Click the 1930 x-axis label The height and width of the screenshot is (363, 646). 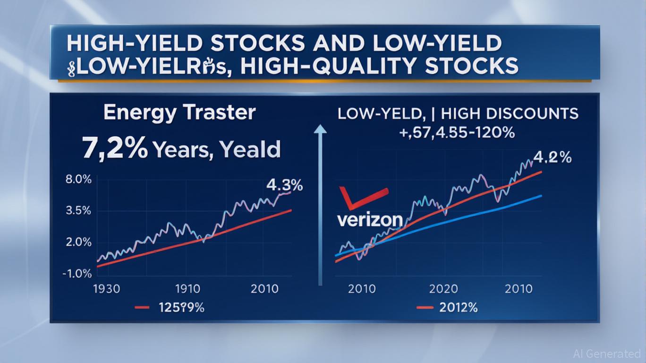click(107, 289)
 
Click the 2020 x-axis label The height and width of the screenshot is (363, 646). click(443, 289)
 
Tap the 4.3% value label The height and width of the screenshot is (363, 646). click(284, 185)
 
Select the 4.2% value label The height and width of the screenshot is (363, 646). click(553, 157)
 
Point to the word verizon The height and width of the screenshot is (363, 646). click(370, 219)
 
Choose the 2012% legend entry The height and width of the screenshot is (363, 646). click(458, 308)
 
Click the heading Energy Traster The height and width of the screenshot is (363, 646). click(179, 113)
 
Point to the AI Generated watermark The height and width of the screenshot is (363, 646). click(606, 354)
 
